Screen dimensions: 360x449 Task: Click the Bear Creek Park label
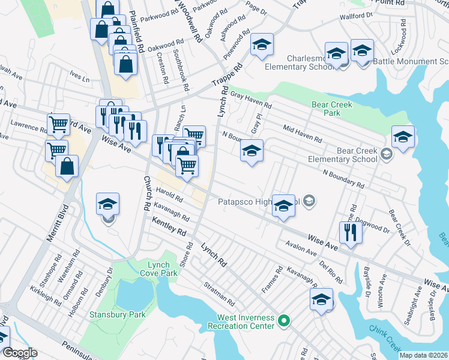[331, 109]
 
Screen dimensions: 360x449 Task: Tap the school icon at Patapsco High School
[283, 205]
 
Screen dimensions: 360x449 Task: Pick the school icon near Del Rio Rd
[322, 299]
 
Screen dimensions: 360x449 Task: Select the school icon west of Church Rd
[107, 204]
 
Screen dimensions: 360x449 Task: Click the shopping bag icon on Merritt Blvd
[67, 166]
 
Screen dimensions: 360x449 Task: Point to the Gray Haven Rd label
[251, 101]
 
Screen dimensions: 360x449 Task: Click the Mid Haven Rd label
[303, 134]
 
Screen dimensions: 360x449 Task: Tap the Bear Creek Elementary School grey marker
[387, 155]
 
